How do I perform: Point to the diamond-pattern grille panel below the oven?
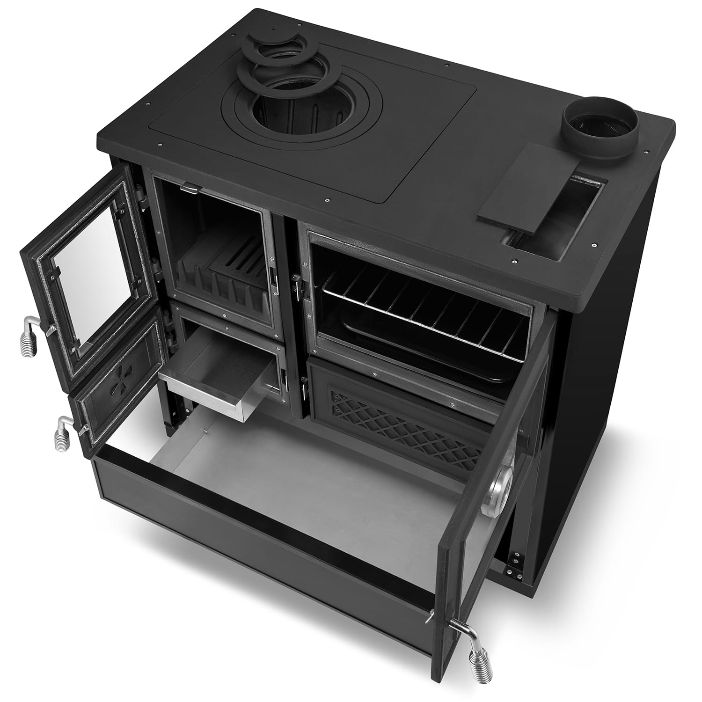402,421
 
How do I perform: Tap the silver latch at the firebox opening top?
190,188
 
